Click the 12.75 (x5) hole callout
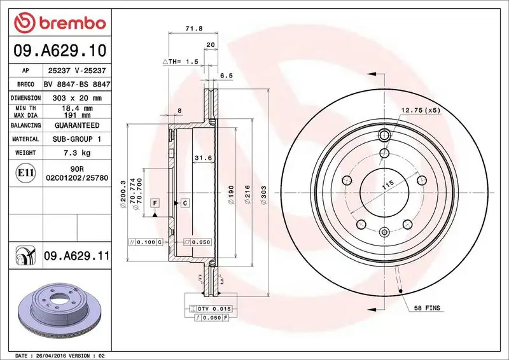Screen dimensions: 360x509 click(x=420, y=110)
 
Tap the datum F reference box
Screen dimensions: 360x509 click(x=155, y=202)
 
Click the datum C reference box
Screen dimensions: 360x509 click(x=185, y=202)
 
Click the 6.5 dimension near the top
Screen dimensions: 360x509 click(x=225, y=76)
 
